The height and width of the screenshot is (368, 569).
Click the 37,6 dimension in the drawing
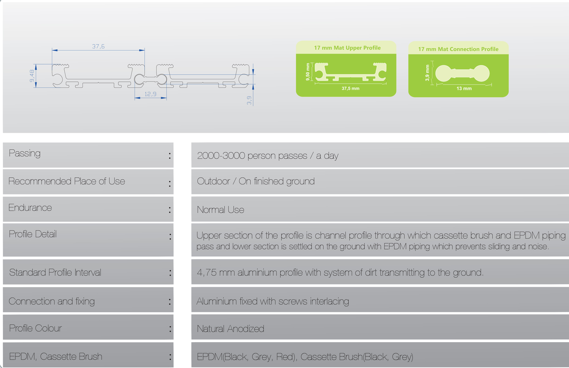(x=98, y=46)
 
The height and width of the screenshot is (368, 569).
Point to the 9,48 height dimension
(x=32, y=76)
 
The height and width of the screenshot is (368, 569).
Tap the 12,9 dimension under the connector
(x=150, y=94)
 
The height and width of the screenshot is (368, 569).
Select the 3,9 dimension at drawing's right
(x=249, y=100)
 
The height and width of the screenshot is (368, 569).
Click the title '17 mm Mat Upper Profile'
(x=347, y=48)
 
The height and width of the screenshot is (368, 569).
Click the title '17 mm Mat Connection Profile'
(x=458, y=49)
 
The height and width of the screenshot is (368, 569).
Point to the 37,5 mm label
(x=350, y=88)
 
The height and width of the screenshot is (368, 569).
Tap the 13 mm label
(x=464, y=88)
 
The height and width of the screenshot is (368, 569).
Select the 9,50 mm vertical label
(x=308, y=72)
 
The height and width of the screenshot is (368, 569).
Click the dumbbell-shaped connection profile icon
(x=462, y=73)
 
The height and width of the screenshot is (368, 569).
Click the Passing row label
(x=25, y=153)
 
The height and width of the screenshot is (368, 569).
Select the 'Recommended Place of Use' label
(x=67, y=181)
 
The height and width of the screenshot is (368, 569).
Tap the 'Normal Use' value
(x=220, y=210)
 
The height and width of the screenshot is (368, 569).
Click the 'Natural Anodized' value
(x=230, y=329)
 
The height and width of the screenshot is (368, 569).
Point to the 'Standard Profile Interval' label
(x=55, y=273)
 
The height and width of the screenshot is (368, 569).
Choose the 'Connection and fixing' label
(x=52, y=301)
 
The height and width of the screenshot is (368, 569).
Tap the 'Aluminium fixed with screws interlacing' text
(x=272, y=301)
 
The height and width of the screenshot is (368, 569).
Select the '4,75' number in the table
(x=207, y=273)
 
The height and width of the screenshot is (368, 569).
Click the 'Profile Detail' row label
(x=33, y=234)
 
